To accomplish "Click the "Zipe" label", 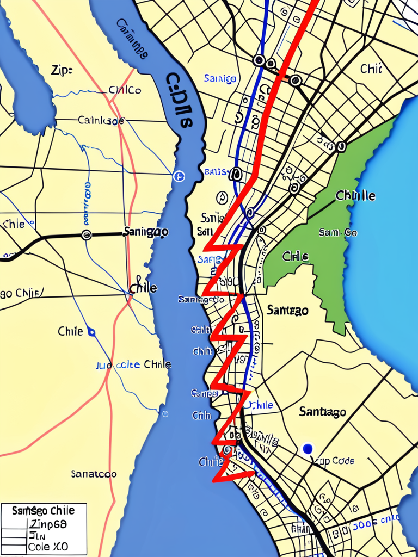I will pos(62,70).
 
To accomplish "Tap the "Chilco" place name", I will pos(125,90).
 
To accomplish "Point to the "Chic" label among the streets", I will pos(371,69).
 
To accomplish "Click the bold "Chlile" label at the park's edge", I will pos(355,195).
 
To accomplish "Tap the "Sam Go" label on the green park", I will pos(338,232).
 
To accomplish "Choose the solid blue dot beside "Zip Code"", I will pos(308,448).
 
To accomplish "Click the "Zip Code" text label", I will pos(335,461).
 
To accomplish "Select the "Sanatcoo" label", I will pos(94,474).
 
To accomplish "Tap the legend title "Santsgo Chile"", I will pos(43,511).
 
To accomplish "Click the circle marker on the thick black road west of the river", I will pos(86,235).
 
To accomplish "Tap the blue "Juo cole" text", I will pos(118,365).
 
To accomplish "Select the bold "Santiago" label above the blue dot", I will pos(322,412).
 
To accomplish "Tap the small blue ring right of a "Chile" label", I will pos(91,332).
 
